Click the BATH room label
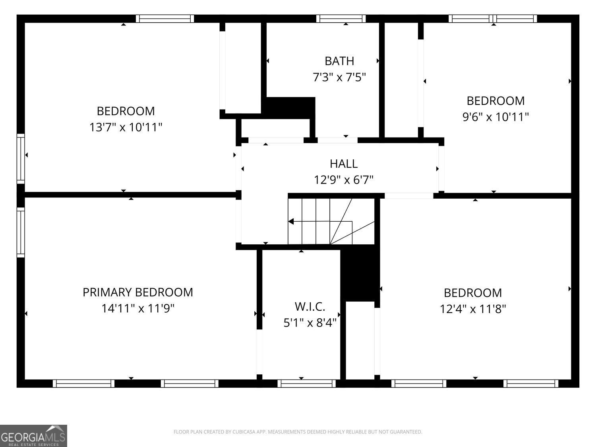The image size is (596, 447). [339, 61]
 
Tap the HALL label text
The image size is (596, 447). [343, 163]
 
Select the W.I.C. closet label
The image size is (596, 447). [310, 306]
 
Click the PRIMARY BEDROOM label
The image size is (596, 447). [137, 292]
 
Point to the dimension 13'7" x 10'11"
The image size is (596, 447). [126, 127]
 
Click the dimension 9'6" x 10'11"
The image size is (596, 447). [495, 117]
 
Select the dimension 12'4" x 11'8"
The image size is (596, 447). [473, 309]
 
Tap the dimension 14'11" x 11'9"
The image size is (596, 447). [137, 308]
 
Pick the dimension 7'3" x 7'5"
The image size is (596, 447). [339, 77]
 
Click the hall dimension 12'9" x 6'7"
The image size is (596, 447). [343, 180]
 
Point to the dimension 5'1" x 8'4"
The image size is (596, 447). [310, 322]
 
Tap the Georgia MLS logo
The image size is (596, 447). [33, 435]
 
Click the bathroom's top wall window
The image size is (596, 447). [341, 19]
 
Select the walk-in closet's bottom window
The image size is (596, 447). [306, 383]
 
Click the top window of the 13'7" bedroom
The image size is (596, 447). [164, 19]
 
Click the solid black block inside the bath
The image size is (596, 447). [290, 106]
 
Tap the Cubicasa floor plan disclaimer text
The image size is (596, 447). [298, 432]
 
